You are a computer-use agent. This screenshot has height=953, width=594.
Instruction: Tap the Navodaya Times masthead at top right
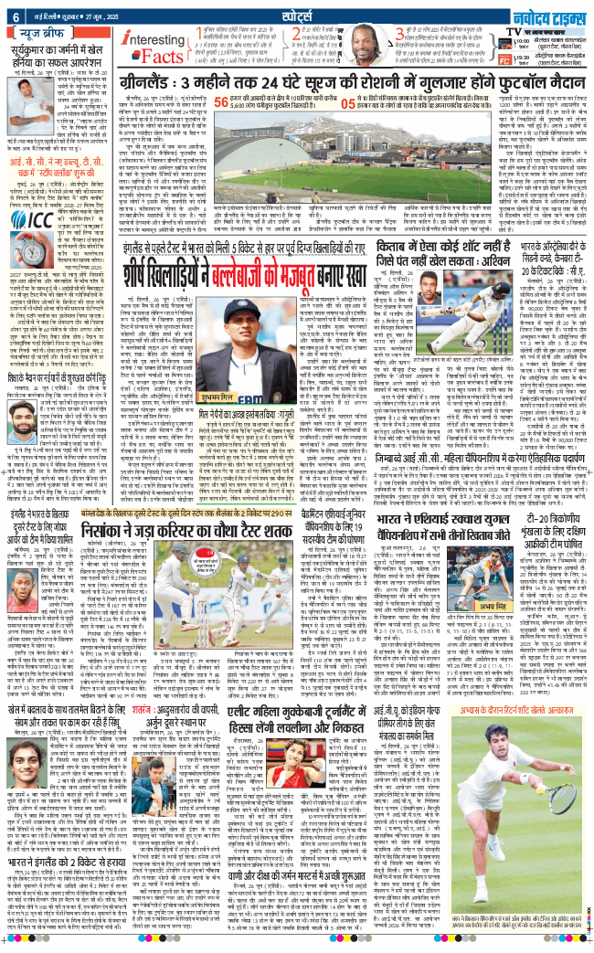pos(549,12)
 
